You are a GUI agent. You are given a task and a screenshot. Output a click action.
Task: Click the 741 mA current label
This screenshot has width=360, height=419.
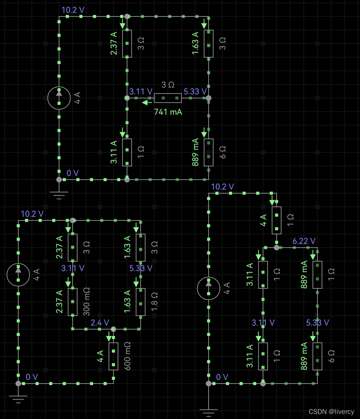click(168, 112)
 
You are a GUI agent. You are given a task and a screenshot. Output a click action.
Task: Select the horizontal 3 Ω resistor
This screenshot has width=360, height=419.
click(167, 98)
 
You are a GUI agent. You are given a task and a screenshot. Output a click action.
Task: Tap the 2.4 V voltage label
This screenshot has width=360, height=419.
click(99, 323)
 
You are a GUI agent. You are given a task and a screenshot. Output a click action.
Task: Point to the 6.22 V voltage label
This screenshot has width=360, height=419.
click(304, 241)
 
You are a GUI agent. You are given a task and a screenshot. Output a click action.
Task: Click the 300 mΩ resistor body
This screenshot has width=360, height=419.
click(73, 302)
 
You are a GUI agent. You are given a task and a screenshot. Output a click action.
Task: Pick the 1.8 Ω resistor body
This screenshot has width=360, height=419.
click(141, 302)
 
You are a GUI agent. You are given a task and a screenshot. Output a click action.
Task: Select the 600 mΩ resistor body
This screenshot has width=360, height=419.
click(113, 356)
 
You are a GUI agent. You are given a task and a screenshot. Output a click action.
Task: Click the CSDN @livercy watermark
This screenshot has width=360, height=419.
click(331, 412)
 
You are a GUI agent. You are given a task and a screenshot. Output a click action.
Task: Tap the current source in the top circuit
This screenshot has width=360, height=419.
click(59, 98)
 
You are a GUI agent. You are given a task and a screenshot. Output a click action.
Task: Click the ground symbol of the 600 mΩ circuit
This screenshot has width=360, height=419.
click(18, 398)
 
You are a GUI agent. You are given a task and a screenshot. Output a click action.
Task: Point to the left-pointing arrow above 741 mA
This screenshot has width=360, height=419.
click(145, 103)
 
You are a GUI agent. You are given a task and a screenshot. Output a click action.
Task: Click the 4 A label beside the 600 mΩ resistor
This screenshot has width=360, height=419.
click(100, 356)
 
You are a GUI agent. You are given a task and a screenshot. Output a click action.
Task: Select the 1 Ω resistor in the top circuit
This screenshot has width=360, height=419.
click(127, 152)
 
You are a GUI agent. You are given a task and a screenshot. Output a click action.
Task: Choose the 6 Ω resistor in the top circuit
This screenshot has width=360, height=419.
click(209, 152)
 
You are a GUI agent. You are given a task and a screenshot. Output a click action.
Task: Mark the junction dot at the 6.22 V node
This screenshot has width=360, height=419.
click(276, 247)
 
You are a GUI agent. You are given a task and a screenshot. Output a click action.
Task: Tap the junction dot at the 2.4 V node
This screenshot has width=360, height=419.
click(113, 329)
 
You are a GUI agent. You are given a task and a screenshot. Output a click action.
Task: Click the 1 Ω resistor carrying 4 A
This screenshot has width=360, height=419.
click(276, 220)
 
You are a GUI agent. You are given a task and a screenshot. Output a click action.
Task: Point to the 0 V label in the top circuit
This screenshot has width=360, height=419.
click(72, 173)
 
